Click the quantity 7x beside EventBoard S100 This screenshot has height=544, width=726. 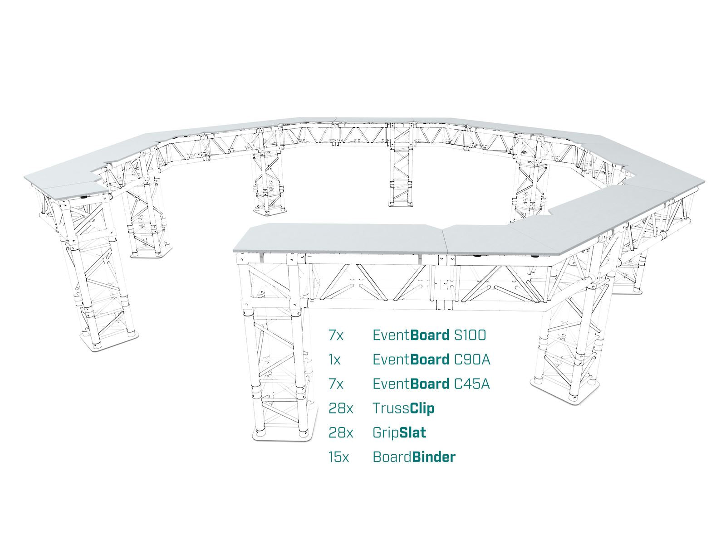click(x=336, y=335)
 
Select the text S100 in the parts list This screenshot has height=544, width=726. click(x=470, y=335)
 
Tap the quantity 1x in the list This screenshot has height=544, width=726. click(x=334, y=359)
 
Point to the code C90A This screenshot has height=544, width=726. click(x=472, y=359)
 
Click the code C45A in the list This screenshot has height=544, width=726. click(x=471, y=384)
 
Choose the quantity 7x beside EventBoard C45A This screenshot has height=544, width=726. click(x=336, y=384)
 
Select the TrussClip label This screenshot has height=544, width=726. click(x=403, y=408)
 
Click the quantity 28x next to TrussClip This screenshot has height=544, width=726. click(x=341, y=408)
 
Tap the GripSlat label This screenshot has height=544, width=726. click(x=399, y=433)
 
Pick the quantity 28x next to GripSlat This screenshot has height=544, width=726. click(x=341, y=433)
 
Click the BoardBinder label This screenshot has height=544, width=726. click(x=414, y=457)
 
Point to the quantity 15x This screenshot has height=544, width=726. click(x=338, y=457)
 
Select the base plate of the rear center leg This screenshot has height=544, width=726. click(x=402, y=204)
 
